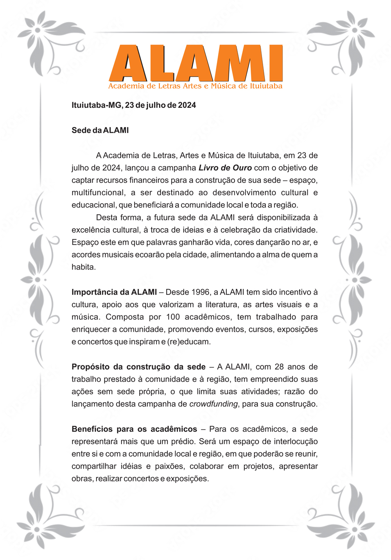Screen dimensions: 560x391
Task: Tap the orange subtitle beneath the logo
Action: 195,86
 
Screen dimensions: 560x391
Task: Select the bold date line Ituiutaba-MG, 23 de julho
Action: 134,105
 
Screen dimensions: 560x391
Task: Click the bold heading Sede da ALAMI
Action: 100,130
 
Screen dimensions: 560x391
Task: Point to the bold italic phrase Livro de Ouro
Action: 225,168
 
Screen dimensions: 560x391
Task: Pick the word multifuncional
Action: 98,193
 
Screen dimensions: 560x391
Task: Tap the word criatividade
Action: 295,230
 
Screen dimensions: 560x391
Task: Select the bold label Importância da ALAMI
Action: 114,292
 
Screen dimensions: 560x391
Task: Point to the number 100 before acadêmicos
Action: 173,317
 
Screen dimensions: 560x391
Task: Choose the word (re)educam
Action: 189,342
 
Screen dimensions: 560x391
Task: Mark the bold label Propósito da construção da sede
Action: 138,367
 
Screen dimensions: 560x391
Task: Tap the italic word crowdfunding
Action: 213,404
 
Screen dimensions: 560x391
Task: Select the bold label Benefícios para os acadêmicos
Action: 134,429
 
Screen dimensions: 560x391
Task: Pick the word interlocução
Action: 296,442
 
